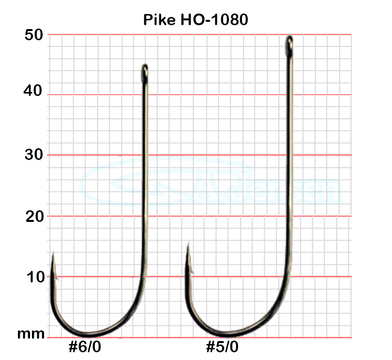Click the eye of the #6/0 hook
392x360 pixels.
tap(144, 72)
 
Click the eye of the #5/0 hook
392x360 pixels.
tap(289, 44)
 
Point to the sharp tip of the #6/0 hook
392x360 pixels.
tap(53, 253)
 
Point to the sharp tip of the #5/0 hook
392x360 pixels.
tap(188, 245)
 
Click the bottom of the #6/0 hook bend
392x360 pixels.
tap(90, 334)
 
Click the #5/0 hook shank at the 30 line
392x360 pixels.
tap(290, 155)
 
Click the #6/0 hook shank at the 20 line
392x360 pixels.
tap(144, 216)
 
